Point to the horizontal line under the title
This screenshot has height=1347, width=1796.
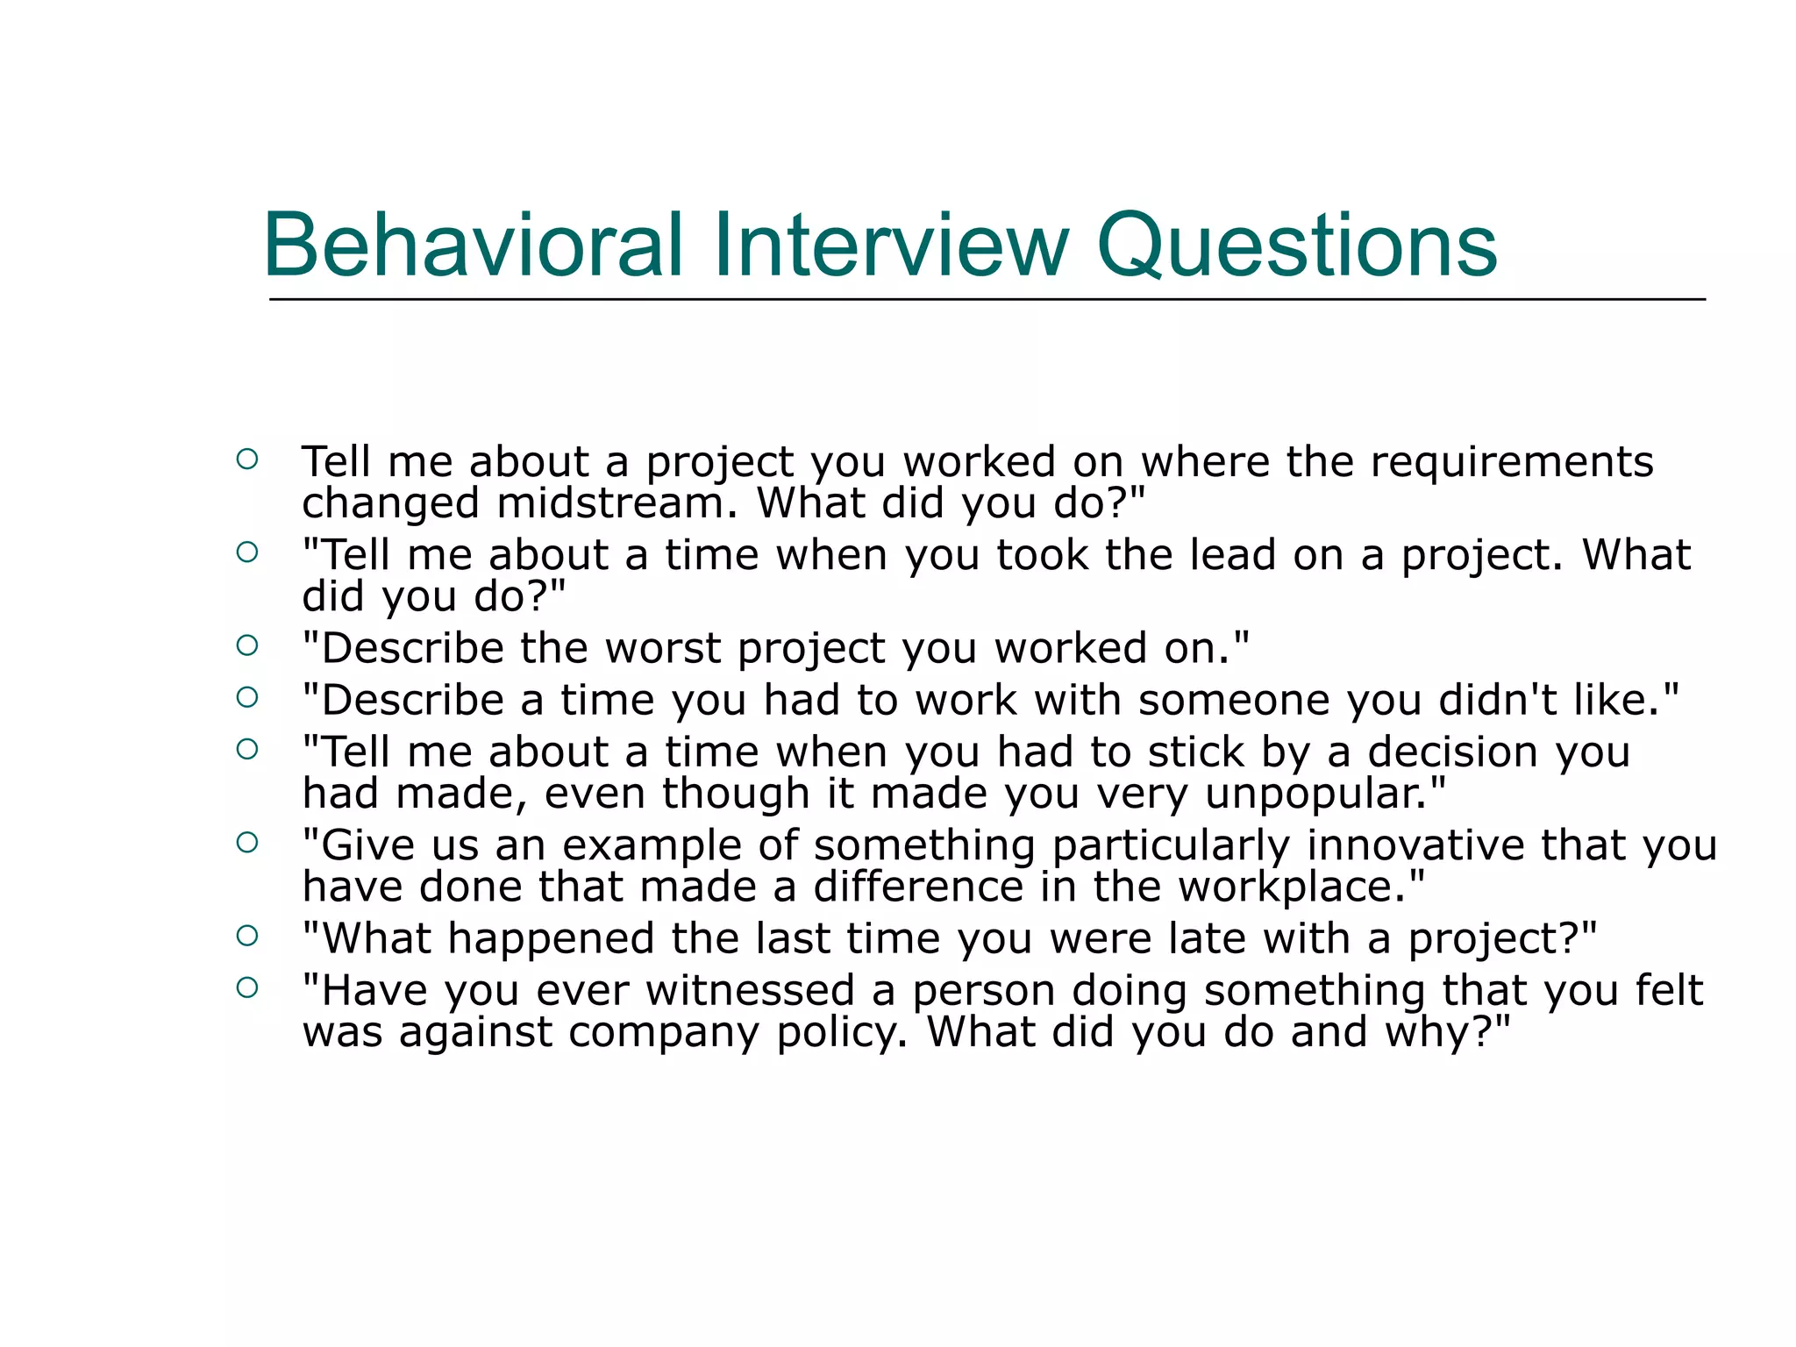pos(987,300)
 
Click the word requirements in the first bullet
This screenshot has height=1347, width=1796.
pos(1512,462)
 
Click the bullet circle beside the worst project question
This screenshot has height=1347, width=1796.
pos(247,645)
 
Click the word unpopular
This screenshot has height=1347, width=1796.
pos(1322,794)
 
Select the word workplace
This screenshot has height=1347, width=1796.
pos(1295,887)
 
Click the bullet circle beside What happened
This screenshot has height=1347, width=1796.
pos(247,936)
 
